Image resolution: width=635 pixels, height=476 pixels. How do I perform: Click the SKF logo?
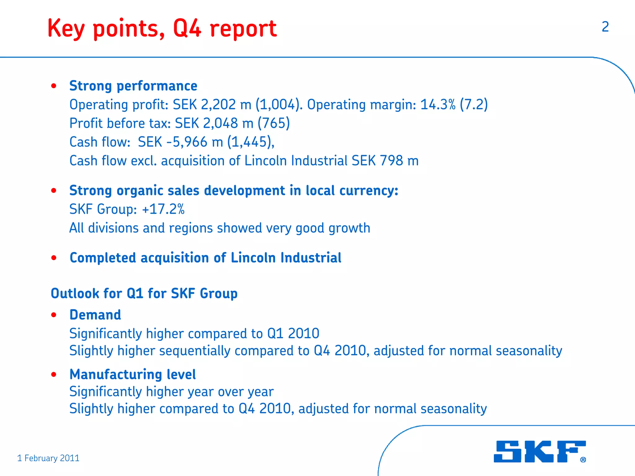539,451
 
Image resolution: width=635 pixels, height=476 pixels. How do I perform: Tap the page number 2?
605,27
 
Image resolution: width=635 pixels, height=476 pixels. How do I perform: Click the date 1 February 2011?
48,458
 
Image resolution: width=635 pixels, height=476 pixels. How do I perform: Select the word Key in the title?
66,29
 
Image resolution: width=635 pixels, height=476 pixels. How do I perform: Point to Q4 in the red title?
187,28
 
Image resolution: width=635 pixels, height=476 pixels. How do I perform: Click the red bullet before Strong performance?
54,86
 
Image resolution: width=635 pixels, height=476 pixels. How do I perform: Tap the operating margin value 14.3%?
437,105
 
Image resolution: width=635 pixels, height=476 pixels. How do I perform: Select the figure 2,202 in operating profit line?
218,105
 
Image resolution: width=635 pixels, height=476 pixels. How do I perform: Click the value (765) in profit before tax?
274,123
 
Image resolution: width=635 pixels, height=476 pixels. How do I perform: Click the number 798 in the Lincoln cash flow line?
391,161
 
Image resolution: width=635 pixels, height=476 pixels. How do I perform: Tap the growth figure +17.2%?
163,209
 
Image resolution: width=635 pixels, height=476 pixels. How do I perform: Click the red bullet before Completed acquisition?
54,258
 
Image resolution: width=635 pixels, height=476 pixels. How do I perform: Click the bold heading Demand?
95,315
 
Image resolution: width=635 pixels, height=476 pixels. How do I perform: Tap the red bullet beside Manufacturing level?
54,375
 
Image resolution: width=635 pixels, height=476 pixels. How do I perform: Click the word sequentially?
195,351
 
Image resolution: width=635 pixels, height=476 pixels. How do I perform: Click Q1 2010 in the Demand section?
293,334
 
